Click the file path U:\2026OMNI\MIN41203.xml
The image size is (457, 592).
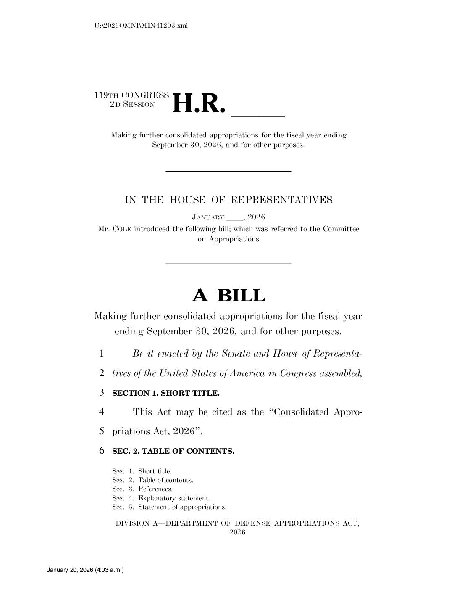141,26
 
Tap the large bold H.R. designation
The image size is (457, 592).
196,103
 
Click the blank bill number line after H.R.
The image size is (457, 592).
258,114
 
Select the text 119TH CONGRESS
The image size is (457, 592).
131,95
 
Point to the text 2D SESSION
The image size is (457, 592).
132,105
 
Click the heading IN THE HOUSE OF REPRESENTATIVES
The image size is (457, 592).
228,200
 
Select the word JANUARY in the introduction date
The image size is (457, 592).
208,217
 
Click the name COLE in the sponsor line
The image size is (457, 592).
122,229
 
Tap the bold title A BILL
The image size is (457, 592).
228,296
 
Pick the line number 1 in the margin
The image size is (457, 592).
102,354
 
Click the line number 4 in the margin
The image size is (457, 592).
102,412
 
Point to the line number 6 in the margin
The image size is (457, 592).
102,451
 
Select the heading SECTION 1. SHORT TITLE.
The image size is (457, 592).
165,393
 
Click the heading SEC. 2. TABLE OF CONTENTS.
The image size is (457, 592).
173,451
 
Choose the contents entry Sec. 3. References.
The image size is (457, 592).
142,489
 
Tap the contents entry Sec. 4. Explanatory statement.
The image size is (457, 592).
161,498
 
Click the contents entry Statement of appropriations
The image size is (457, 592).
182,507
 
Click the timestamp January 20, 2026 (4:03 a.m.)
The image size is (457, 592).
85,570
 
